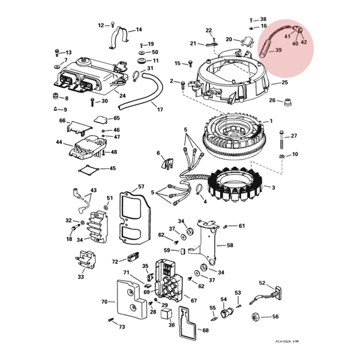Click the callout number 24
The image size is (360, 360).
tap(122, 95)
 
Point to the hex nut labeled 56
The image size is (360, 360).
tap(256, 317)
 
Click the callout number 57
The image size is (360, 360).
tap(141, 186)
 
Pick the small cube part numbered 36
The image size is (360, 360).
tap(165, 313)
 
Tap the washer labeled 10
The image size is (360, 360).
tap(281, 157)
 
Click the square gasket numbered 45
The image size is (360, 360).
tap(88, 170)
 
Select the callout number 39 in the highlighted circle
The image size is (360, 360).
tap(278, 50)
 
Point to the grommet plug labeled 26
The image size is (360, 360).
tap(287, 103)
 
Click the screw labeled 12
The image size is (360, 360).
tap(113, 24)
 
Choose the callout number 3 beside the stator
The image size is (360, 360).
tap(273, 188)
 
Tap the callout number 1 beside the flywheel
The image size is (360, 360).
tap(271, 121)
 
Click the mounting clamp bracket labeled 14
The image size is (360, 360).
tap(119, 37)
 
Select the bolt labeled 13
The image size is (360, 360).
tap(57, 53)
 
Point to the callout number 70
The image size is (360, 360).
tap(104, 302)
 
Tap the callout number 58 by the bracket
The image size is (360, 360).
tap(230, 245)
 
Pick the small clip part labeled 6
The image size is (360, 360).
tap(167, 163)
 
